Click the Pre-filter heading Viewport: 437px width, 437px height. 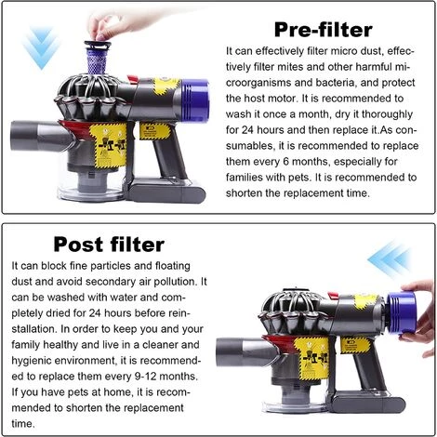[x=323, y=30]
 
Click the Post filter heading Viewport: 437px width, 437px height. [x=109, y=245]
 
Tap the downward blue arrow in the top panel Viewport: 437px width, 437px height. [x=41, y=47]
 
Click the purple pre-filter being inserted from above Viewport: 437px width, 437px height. [x=97, y=58]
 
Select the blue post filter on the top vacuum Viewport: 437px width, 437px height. [x=195, y=96]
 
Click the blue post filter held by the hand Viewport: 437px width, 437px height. [x=402, y=312]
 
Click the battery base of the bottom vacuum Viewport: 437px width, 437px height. [x=367, y=402]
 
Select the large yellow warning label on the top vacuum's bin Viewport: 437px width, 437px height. [x=109, y=145]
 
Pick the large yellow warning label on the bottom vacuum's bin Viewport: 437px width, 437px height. [x=311, y=358]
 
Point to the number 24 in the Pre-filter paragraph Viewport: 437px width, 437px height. [x=247, y=130]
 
